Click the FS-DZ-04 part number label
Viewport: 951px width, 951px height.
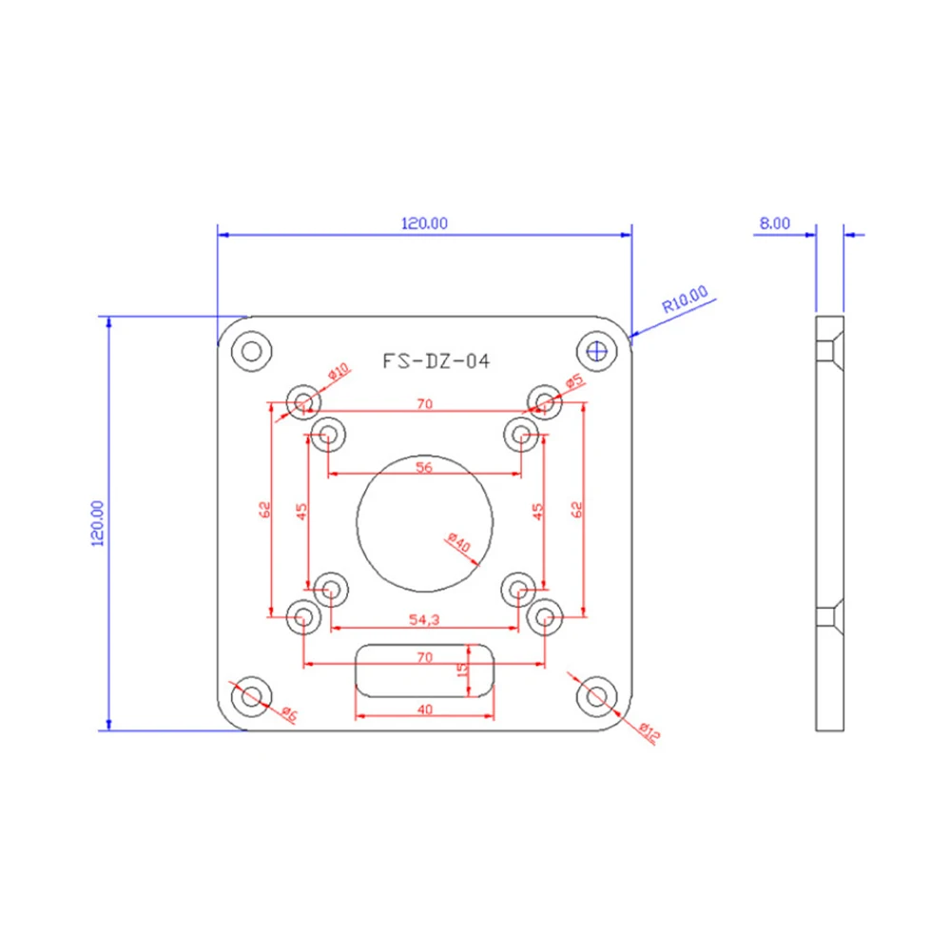coord(436,361)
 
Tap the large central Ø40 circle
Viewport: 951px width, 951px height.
coord(424,455)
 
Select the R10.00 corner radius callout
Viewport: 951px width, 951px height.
coord(685,299)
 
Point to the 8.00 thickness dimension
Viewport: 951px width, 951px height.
coord(774,223)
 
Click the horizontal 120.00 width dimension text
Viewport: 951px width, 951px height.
coord(424,223)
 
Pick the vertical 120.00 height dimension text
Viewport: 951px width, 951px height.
coord(98,523)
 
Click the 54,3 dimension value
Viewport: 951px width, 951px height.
coord(424,619)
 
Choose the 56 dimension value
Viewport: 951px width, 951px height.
coord(424,467)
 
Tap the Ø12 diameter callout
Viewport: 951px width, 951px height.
coord(649,732)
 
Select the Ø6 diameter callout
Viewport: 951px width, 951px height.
coord(289,714)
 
